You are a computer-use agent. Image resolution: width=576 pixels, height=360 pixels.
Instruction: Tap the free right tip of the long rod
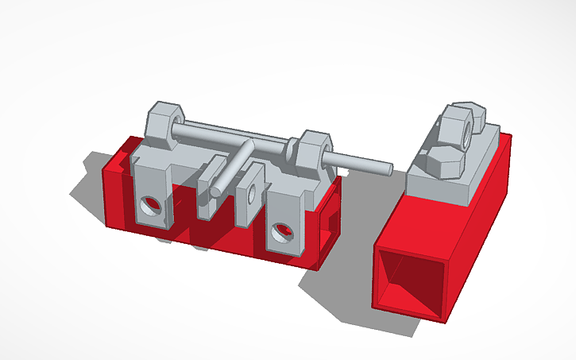[388, 168]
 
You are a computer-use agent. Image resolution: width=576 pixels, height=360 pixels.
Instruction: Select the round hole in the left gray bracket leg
[150, 207]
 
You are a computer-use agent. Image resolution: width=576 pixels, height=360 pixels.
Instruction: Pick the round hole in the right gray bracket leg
[279, 231]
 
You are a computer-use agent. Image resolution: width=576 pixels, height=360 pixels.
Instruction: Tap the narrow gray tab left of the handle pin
[209, 188]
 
